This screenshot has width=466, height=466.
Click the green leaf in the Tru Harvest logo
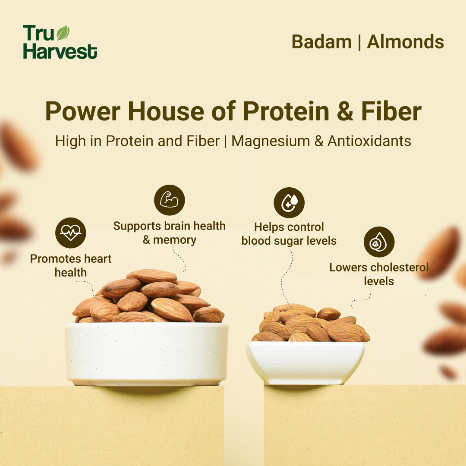[x=63, y=33]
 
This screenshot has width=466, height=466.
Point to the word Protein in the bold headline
[x=286, y=111]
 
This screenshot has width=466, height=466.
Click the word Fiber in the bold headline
[x=391, y=111]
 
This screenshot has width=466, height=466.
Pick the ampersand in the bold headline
[x=345, y=111]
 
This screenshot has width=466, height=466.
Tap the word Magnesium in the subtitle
[x=271, y=141]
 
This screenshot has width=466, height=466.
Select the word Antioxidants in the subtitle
[x=369, y=141]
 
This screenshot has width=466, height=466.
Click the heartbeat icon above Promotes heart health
[x=71, y=233]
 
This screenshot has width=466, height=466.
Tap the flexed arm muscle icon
[x=170, y=200]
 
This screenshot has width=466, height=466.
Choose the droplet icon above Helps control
[x=289, y=202]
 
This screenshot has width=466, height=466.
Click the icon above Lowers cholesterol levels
[x=379, y=242]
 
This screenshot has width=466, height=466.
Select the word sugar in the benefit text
[x=287, y=241]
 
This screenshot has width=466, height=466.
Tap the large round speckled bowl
[x=147, y=354]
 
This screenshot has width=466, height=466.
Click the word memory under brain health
[x=175, y=240]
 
